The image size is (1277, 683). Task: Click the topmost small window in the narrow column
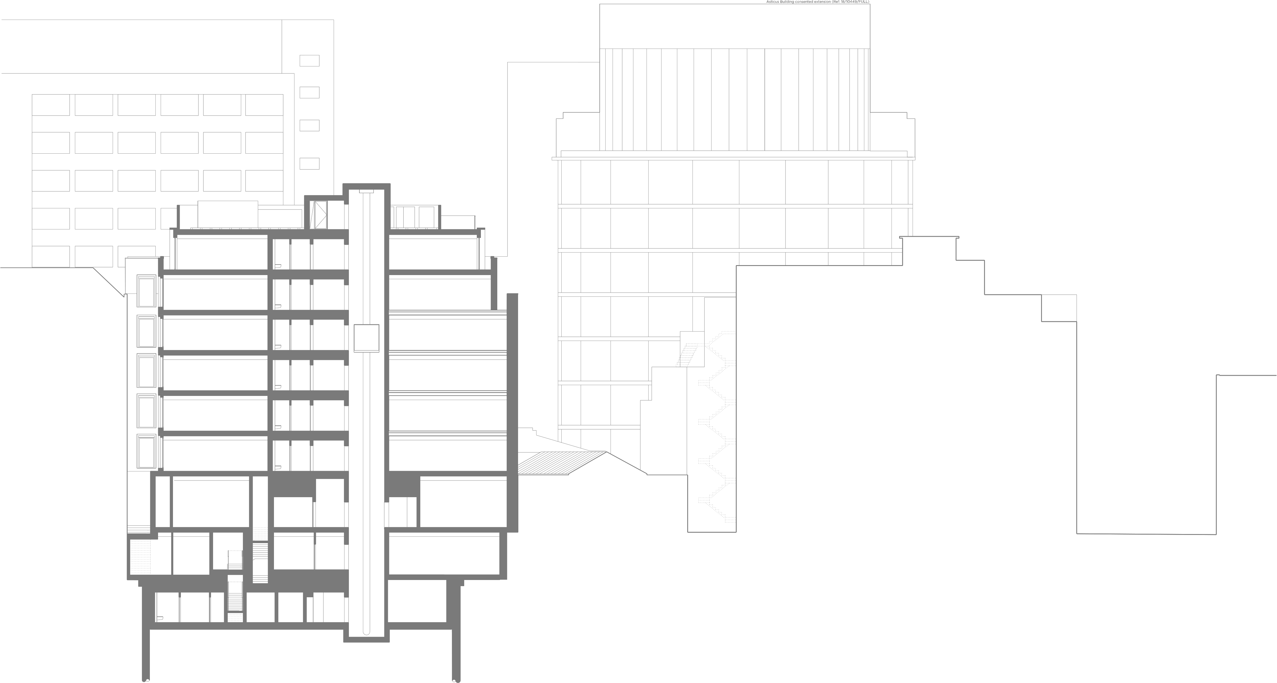point(309,61)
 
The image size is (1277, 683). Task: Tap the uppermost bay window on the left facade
point(146,291)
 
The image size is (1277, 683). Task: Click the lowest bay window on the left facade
point(146,451)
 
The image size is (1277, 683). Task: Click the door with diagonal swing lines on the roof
point(318,214)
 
